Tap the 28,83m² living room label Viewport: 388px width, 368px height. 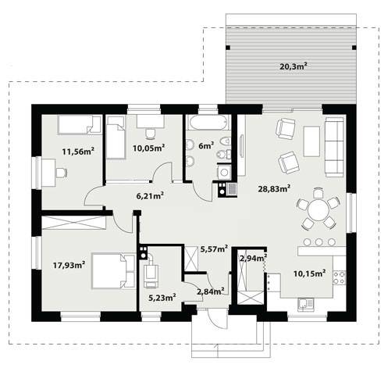274,188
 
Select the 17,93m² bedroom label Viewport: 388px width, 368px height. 69,265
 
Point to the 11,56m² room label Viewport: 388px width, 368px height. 78,151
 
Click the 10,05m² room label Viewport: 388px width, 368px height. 148,148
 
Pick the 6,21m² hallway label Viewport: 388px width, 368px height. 150,195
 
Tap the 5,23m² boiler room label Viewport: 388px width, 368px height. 162,297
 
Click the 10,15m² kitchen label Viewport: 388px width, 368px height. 310,273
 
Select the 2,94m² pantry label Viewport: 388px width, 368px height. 253,258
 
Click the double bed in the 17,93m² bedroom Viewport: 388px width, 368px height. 114,270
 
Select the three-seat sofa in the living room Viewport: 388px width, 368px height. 334,147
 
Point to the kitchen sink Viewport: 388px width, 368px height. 305,304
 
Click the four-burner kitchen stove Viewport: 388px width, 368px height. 340,277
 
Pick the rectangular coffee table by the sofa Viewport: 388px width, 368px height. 311,141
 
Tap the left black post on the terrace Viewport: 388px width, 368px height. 228,48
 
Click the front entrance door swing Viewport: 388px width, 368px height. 217,319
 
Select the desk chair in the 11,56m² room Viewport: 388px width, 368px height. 62,173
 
